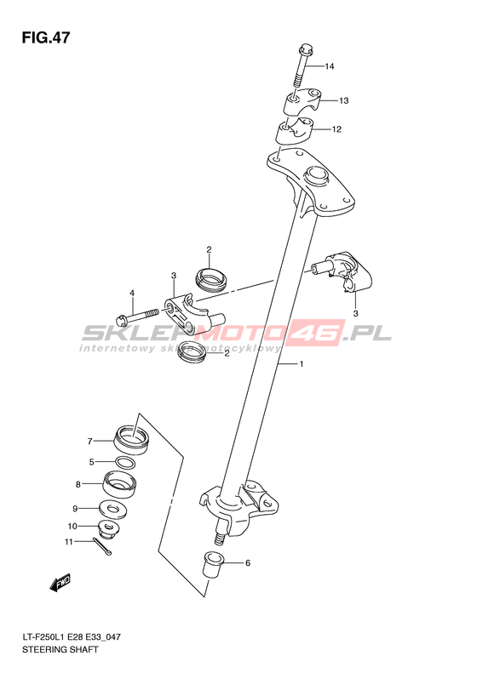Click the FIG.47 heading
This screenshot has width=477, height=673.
click(46, 37)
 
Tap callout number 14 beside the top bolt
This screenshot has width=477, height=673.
click(329, 66)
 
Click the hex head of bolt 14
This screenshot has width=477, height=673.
click(305, 48)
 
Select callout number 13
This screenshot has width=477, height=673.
click(343, 101)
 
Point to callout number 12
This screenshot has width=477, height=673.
click(336, 129)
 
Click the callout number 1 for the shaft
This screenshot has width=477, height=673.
click(302, 364)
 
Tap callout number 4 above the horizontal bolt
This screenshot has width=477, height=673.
click(132, 294)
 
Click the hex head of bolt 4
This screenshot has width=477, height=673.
click(121, 319)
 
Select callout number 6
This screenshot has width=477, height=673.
click(248, 563)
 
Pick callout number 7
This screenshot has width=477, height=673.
click(89, 442)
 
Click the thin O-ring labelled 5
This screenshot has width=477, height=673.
click(125, 463)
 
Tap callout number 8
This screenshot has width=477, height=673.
click(78, 485)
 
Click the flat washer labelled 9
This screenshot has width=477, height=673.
click(113, 510)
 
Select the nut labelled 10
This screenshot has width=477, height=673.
click(108, 528)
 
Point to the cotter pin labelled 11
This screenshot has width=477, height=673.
click(102, 547)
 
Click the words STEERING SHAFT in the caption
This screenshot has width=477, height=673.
click(60, 649)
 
